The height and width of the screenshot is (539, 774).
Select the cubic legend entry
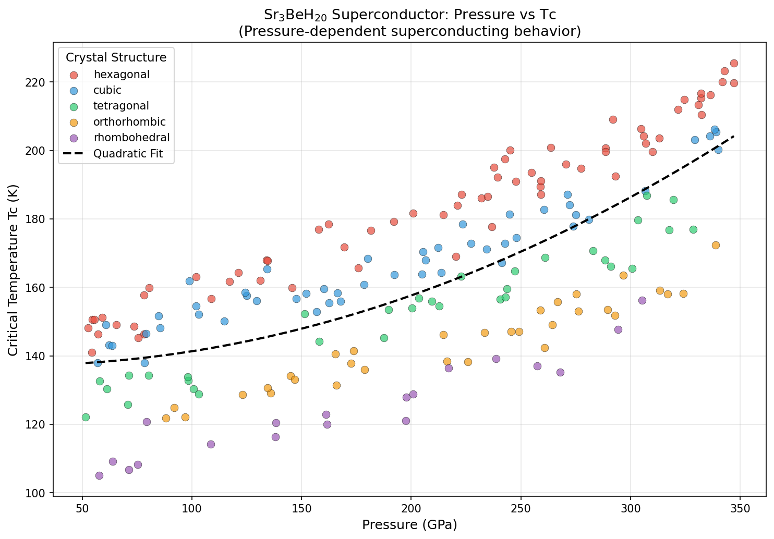(107, 90)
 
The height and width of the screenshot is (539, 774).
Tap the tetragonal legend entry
(121, 106)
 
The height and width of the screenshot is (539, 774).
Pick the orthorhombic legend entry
(129, 122)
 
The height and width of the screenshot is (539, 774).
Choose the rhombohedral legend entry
(131, 138)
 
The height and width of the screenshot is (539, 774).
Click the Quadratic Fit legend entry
(128, 153)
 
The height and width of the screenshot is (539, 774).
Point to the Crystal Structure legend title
(116, 57)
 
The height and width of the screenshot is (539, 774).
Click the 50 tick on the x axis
(82, 507)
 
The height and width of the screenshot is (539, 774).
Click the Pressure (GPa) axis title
(409, 525)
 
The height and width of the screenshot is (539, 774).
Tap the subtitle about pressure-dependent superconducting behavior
(409, 31)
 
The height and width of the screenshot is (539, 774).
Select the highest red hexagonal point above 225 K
(734, 63)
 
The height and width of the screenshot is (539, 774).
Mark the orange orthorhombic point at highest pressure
(716, 245)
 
